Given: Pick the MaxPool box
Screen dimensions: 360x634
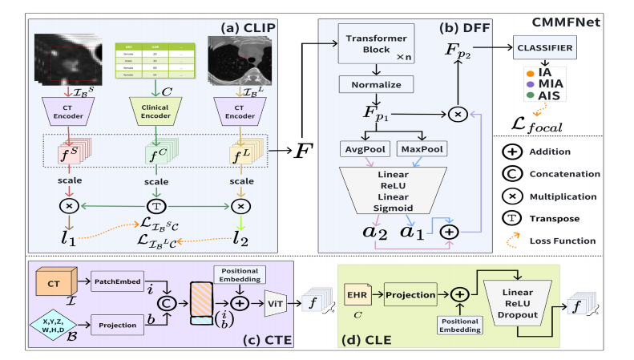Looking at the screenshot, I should (422, 151).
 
